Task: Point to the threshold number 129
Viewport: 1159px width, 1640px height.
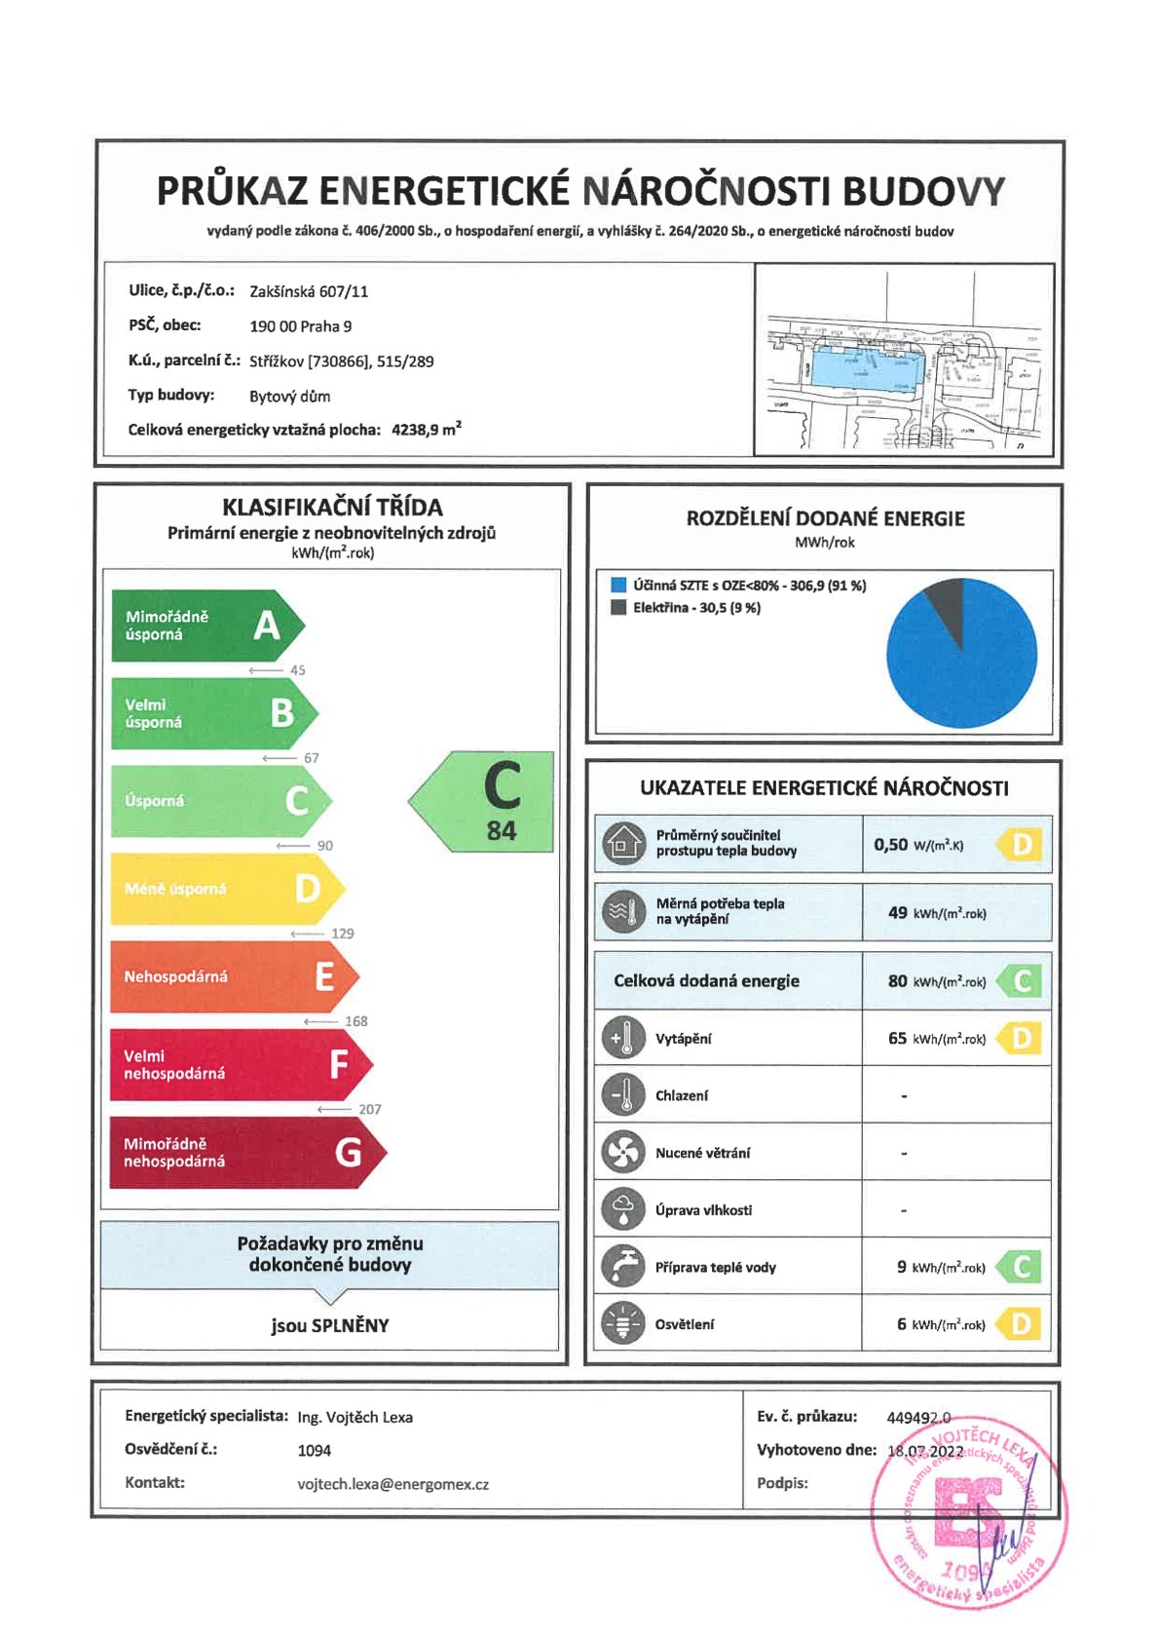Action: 343,934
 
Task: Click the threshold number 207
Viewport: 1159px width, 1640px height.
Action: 370,1109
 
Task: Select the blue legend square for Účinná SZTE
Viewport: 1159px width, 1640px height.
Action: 617,586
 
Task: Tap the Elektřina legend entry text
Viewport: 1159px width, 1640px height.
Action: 696,608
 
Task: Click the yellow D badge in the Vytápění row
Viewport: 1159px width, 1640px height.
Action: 1020,1039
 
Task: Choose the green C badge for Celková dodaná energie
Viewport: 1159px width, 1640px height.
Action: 1020,981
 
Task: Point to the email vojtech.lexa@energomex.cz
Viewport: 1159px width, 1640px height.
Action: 393,1484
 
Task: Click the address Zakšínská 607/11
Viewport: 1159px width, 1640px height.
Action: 309,291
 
